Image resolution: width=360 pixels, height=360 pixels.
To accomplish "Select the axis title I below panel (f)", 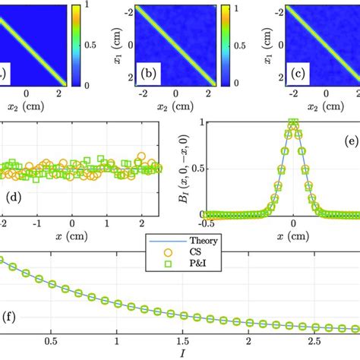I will [x=180, y=353].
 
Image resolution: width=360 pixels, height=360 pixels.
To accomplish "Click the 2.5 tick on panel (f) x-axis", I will [x=314, y=341].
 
